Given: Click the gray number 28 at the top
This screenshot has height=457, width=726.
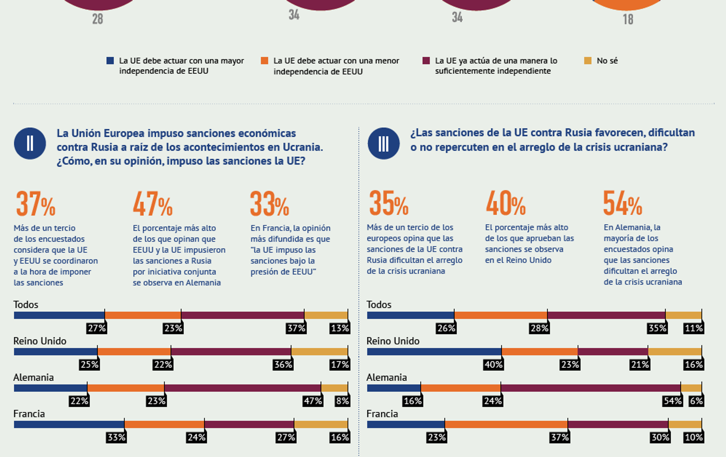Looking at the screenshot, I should [x=98, y=19].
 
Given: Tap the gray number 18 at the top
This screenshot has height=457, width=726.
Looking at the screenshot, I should [x=628, y=19].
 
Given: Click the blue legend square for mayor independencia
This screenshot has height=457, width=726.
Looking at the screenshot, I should [x=110, y=61].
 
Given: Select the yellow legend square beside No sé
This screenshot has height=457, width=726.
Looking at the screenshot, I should [x=588, y=61].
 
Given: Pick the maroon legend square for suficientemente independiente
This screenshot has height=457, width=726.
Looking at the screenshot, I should [x=426, y=61].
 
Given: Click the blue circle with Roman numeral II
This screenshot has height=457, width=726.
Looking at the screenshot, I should [x=30, y=143].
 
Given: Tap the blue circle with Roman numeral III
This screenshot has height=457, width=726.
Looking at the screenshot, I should [x=383, y=143].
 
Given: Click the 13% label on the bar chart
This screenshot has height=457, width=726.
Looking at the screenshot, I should [x=340, y=328].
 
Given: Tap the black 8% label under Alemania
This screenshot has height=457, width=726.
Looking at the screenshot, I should [x=342, y=401].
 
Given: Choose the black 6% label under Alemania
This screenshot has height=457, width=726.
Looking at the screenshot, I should [x=696, y=401].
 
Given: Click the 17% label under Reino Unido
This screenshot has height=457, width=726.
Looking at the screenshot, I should [x=340, y=365].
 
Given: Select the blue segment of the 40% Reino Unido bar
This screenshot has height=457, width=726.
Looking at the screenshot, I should [x=434, y=352].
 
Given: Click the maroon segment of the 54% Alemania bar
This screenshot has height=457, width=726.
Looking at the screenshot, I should [x=590, y=388].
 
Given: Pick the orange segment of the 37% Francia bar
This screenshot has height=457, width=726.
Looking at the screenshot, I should [x=506, y=424].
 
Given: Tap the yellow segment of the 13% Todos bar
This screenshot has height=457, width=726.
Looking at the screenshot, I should [x=326, y=315].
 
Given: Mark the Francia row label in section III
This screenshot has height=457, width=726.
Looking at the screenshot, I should [x=382, y=414].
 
